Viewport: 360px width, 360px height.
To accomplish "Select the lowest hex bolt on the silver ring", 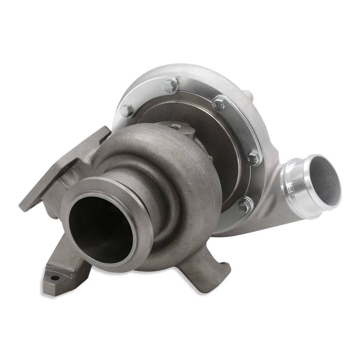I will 242,206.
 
